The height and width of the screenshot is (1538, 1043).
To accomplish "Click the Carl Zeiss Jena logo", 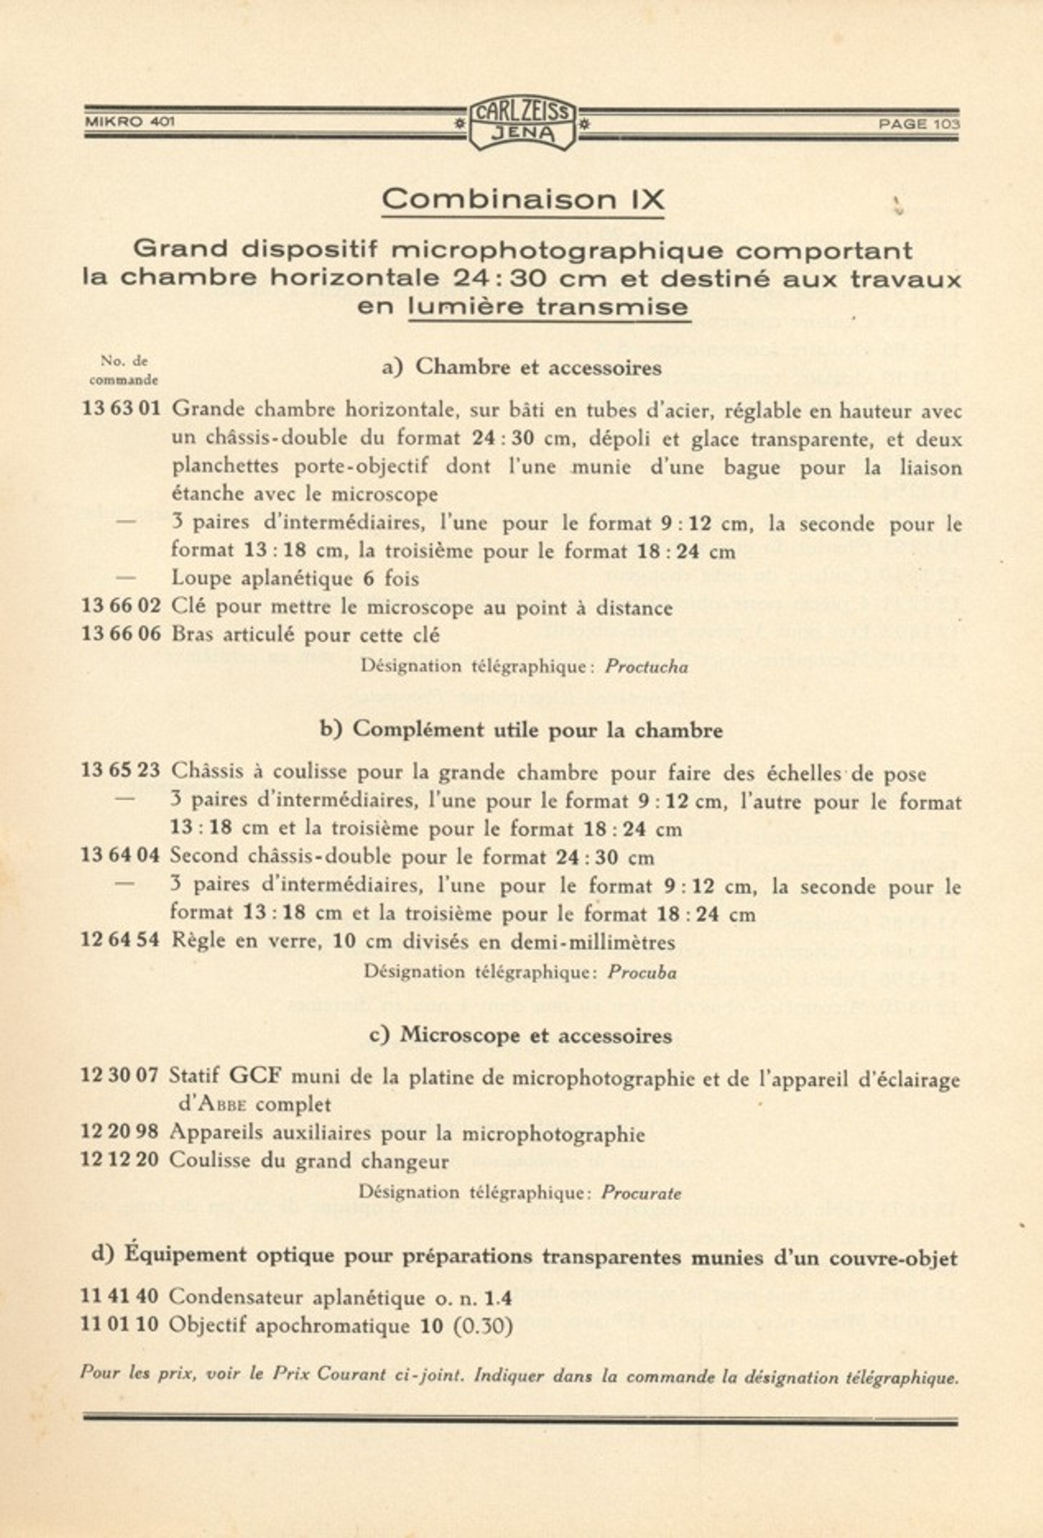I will (x=521, y=123).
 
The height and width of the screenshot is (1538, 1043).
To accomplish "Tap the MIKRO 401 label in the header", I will (x=130, y=123).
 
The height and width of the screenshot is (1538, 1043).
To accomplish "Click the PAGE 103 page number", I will (x=919, y=124).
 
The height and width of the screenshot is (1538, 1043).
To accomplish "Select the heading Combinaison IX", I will (x=523, y=199).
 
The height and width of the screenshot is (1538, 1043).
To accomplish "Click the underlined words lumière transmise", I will (x=549, y=307).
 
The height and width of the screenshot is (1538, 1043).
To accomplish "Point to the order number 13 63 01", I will (x=122, y=409).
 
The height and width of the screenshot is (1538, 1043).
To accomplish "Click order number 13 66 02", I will (x=122, y=607).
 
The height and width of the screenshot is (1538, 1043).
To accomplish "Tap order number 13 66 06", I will (x=122, y=634).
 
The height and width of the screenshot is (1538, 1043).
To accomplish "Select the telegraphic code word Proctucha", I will (x=647, y=667).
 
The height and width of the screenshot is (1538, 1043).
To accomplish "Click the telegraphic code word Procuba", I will (x=642, y=973).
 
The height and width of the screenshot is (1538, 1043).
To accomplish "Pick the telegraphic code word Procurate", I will (x=641, y=1193).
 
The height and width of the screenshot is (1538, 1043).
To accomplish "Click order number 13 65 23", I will (x=121, y=771).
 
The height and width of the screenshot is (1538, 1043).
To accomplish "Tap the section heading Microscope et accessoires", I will (x=535, y=1035).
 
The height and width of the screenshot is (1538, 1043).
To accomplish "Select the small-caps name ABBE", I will (x=220, y=1105).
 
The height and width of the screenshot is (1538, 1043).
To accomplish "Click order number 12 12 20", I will (x=119, y=1160).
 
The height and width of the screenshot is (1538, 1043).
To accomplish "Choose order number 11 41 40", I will (x=119, y=1297).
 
